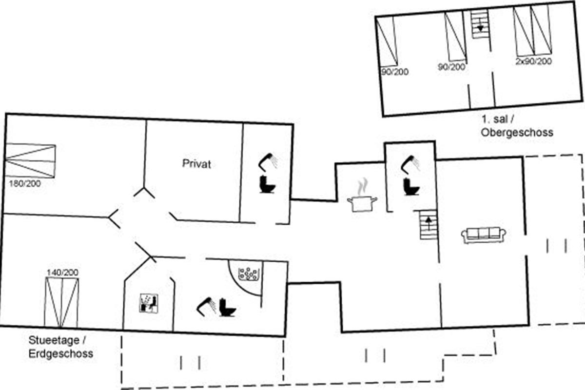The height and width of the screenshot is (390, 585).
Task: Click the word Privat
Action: click(196, 164)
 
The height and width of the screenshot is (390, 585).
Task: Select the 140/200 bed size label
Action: click(62, 273)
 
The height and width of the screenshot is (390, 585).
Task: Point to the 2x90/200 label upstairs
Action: click(533, 61)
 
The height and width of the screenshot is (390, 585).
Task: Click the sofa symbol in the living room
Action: click(483, 235)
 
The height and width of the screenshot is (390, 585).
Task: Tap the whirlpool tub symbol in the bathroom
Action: click(248, 274)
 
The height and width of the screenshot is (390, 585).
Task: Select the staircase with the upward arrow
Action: click(429, 225)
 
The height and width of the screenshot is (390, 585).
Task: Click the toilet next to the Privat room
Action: click(268, 184)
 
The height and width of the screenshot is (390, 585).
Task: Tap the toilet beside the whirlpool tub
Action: click(228, 307)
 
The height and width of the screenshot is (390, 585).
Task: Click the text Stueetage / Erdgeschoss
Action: click(61, 347)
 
